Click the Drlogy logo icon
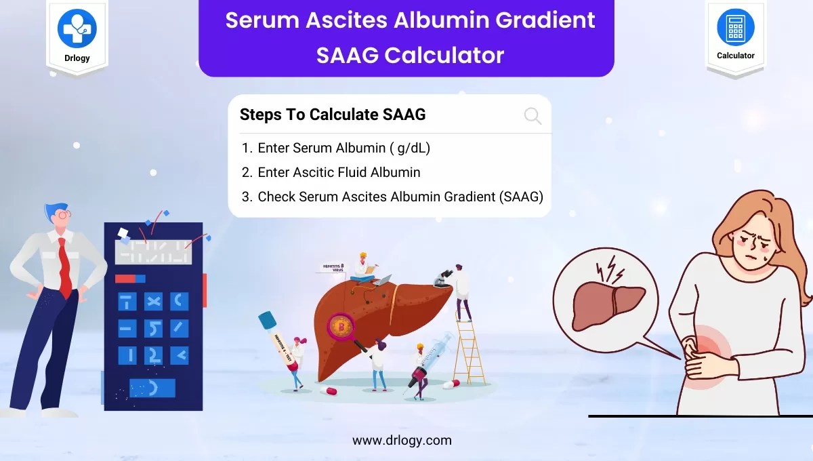77,28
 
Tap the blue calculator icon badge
735,28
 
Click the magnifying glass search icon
533,116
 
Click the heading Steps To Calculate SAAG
333,115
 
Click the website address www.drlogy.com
402,440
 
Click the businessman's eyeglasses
64,213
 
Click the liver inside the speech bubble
607,304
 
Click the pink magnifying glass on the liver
341,328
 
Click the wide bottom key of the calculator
152,388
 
